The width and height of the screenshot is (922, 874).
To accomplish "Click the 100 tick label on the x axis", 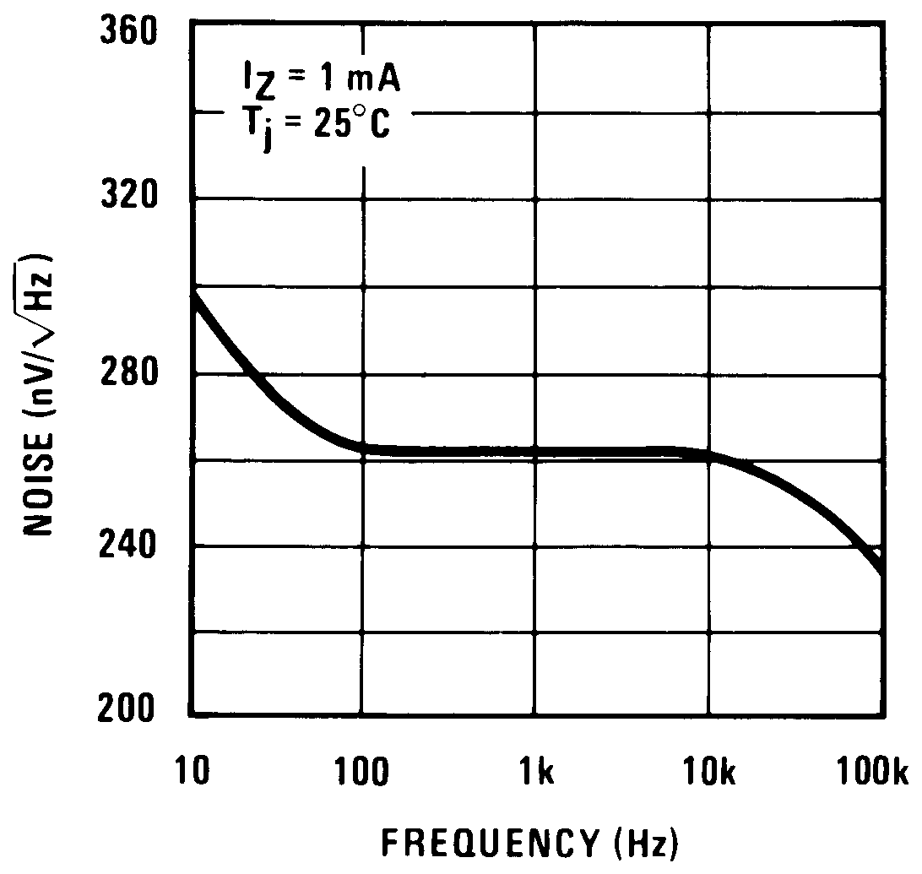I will point(364,769).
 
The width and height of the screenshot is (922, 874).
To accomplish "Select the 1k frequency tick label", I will point(535,769).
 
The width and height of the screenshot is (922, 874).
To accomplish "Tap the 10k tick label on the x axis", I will point(708,769).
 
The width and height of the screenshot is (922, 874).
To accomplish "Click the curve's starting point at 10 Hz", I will point(193,293).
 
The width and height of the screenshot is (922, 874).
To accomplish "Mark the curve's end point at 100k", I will point(883,573).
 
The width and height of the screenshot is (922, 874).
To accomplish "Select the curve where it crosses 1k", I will point(536,452).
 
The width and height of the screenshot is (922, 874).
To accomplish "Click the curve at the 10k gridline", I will point(708,457).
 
